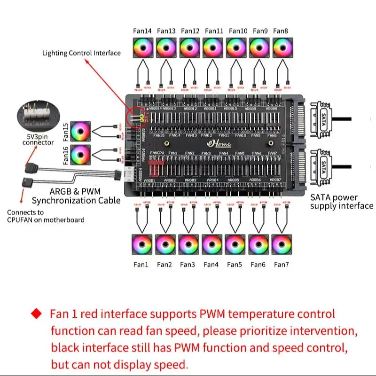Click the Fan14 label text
(x=142, y=31)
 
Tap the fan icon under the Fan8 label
(x=281, y=47)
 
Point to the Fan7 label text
(x=281, y=265)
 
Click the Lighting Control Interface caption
(x=81, y=53)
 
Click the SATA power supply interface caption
(x=341, y=202)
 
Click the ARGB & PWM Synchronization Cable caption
(x=85, y=196)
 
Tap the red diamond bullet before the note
(x=36, y=313)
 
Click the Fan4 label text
(x=211, y=265)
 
